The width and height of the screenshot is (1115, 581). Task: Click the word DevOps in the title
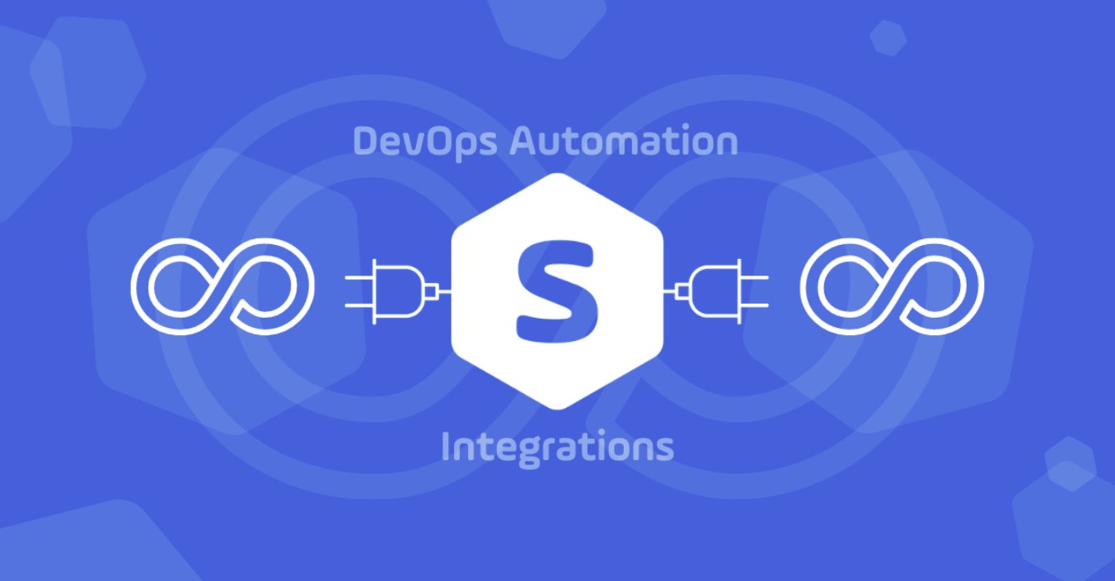click(x=425, y=142)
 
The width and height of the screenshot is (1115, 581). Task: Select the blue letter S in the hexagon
click(x=557, y=291)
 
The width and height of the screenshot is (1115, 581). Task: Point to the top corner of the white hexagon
click(x=557, y=174)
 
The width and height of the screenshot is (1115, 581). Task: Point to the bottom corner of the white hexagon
click(x=557, y=409)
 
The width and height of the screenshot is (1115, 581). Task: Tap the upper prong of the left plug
click(x=359, y=277)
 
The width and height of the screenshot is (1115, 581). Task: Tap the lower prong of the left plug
click(x=359, y=305)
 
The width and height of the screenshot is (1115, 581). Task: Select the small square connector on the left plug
click(x=432, y=291)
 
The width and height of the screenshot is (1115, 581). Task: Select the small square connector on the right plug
click(x=683, y=291)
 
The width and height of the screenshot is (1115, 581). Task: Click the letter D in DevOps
click(x=366, y=142)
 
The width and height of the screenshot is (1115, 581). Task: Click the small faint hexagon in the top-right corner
click(x=888, y=38)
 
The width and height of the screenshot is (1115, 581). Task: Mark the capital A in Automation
click(x=524, y=142)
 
